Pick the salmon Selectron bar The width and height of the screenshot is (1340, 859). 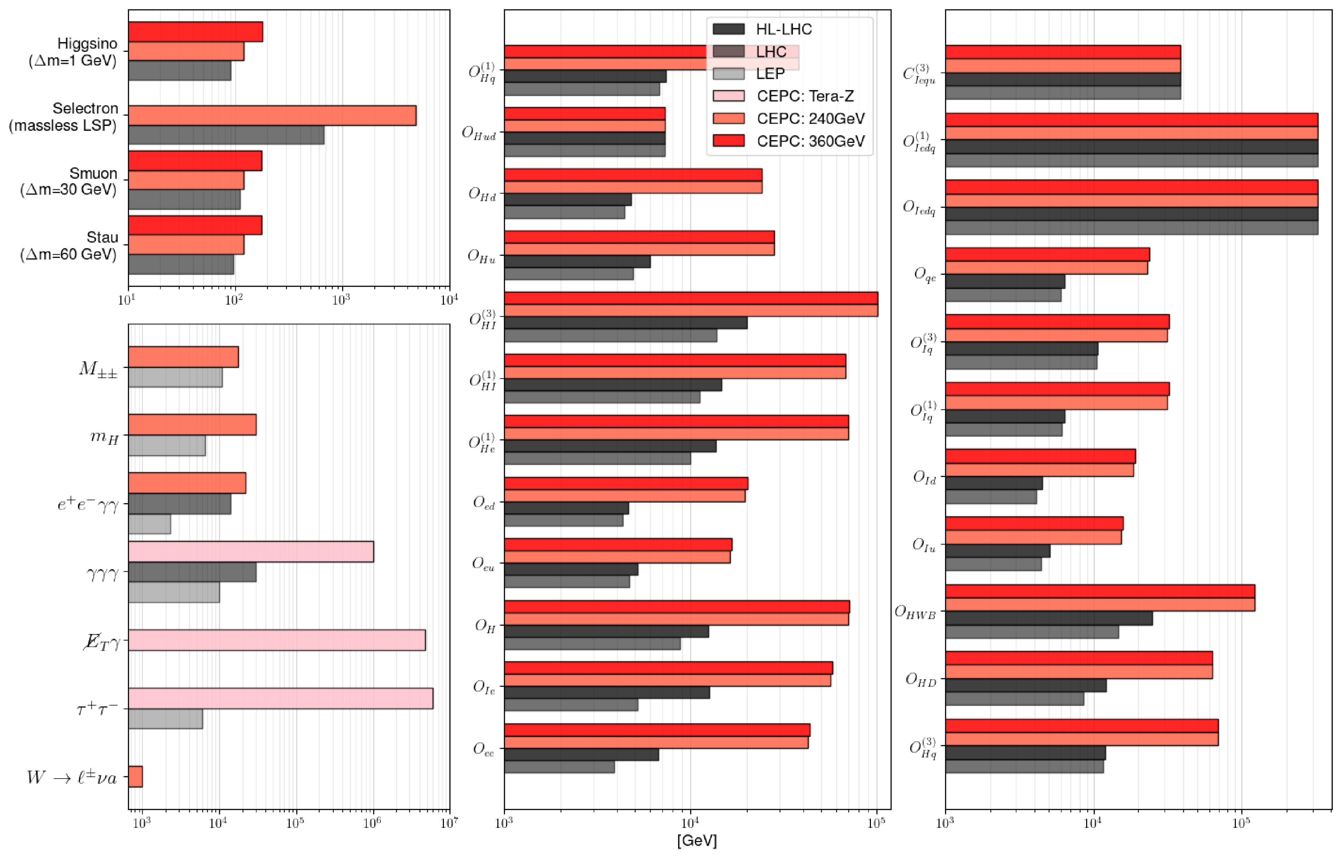click(272, 116)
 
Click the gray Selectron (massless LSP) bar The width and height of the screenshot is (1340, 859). click(226, 135)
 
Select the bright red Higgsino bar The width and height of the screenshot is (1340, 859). click(195, 32)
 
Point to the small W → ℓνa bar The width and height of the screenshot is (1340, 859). click(136, 777)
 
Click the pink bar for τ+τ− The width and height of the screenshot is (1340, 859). click(280, 699)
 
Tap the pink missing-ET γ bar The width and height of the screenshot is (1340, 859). click(277, 640)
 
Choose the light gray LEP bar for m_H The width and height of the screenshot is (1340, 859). click(167, 446)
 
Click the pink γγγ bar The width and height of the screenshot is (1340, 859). click(251, 551)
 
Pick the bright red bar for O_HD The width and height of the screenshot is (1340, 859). click(1079, 658)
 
